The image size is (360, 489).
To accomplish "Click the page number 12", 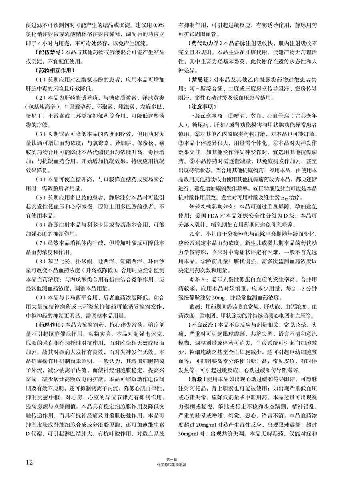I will [x=29, y=462].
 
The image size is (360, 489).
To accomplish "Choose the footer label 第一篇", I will [x=172, y=460].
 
